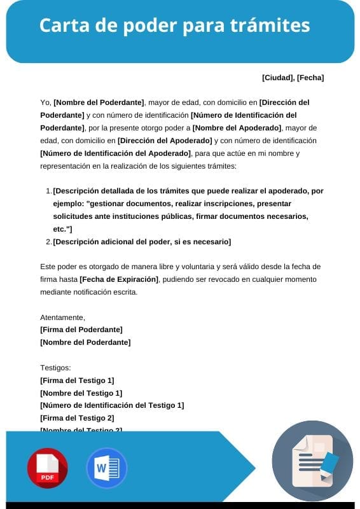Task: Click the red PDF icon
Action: point(47,469)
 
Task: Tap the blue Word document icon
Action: point(106,469)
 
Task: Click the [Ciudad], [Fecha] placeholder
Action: point(293,78)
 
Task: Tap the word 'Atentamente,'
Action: point(62,317)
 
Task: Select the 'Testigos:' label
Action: point(55,368)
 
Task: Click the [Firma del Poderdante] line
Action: point(81,330)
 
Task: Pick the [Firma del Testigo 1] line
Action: point(76,380)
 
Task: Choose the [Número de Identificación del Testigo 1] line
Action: point(111,405)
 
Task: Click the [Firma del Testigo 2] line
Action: point(76,418)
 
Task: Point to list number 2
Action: point(48,242)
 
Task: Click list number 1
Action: point(48,191)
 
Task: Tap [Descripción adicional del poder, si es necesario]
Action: point(142,242)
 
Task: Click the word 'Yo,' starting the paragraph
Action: point(45,102)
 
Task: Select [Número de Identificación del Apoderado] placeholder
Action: point(115,153)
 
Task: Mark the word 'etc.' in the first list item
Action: point(61,229)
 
